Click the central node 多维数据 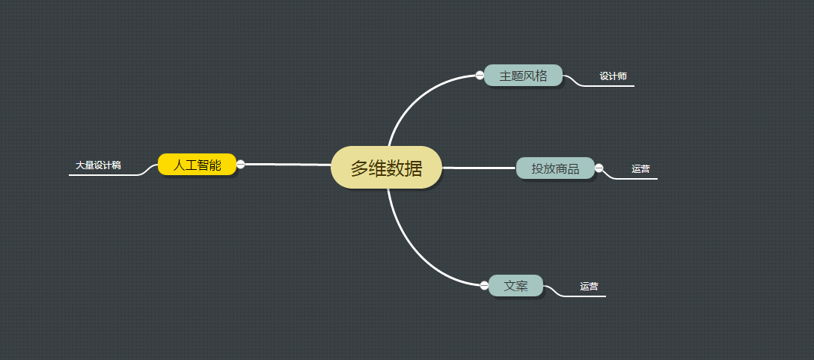(x=386, y=168)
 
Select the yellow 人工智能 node (x=197, y=165)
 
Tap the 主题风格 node (x=523, y=76)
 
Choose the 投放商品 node (x=555, y=168)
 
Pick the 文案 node (x=515, y=286)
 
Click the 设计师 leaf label (x=613, y=76)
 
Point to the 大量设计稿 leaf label (x=98, y=165)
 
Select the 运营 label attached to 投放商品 (x=640, y=169)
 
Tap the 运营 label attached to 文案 (x=589, y=287)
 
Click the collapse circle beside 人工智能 (x=241, y=164)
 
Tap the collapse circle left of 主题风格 (x=480, y=75)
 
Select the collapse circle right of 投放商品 (x=599, y=168)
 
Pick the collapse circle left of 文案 (x=484, y=284)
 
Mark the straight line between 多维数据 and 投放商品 (x=479, y=168)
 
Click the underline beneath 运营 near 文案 (x=587, y=296)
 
